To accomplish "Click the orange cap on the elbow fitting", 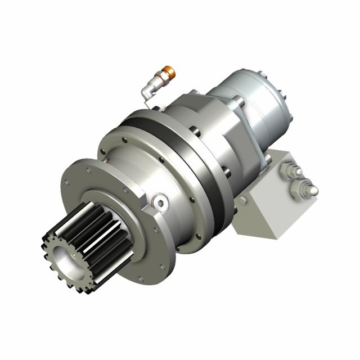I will click(169, 71).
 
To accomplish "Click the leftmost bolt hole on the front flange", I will click(67, 181).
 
